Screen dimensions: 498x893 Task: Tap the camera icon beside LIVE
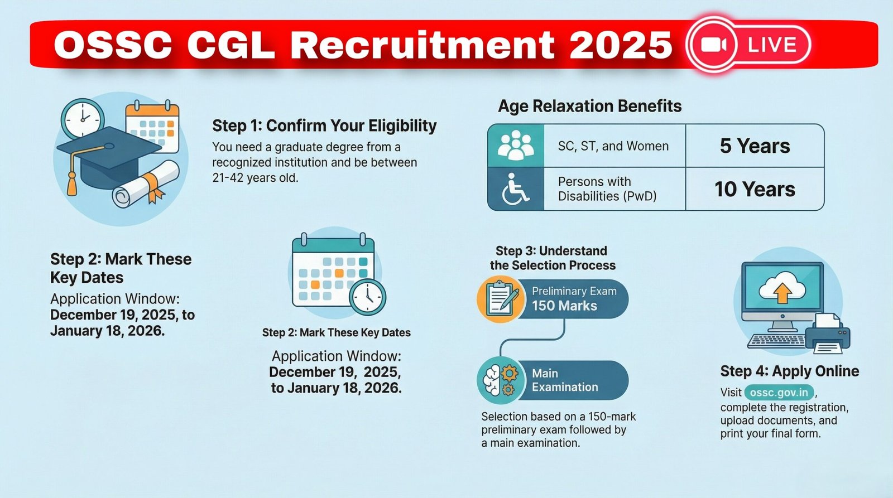coord(714,45)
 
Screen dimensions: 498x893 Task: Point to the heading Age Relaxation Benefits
coord(589,106)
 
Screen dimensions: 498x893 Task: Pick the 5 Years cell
coord(755,146)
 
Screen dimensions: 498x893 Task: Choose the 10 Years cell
coord(755,190)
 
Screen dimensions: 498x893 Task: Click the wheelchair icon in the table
coord(515,189)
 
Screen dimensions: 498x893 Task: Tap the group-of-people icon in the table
coord(515,146)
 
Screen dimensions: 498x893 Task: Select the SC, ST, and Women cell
coord(613,146)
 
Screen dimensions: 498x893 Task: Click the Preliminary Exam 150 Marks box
coord(572,299)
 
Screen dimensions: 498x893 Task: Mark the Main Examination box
coord(572,380)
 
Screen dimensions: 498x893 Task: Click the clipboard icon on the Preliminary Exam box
coord(500,299)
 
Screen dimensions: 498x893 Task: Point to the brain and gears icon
coord(500,380)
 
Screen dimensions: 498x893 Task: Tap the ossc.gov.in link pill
coord(779,393)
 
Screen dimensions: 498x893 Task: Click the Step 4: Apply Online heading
coord(789,371)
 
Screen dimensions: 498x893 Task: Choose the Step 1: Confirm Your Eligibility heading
coord(324,126)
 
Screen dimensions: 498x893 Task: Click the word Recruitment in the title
coord(422,45)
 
